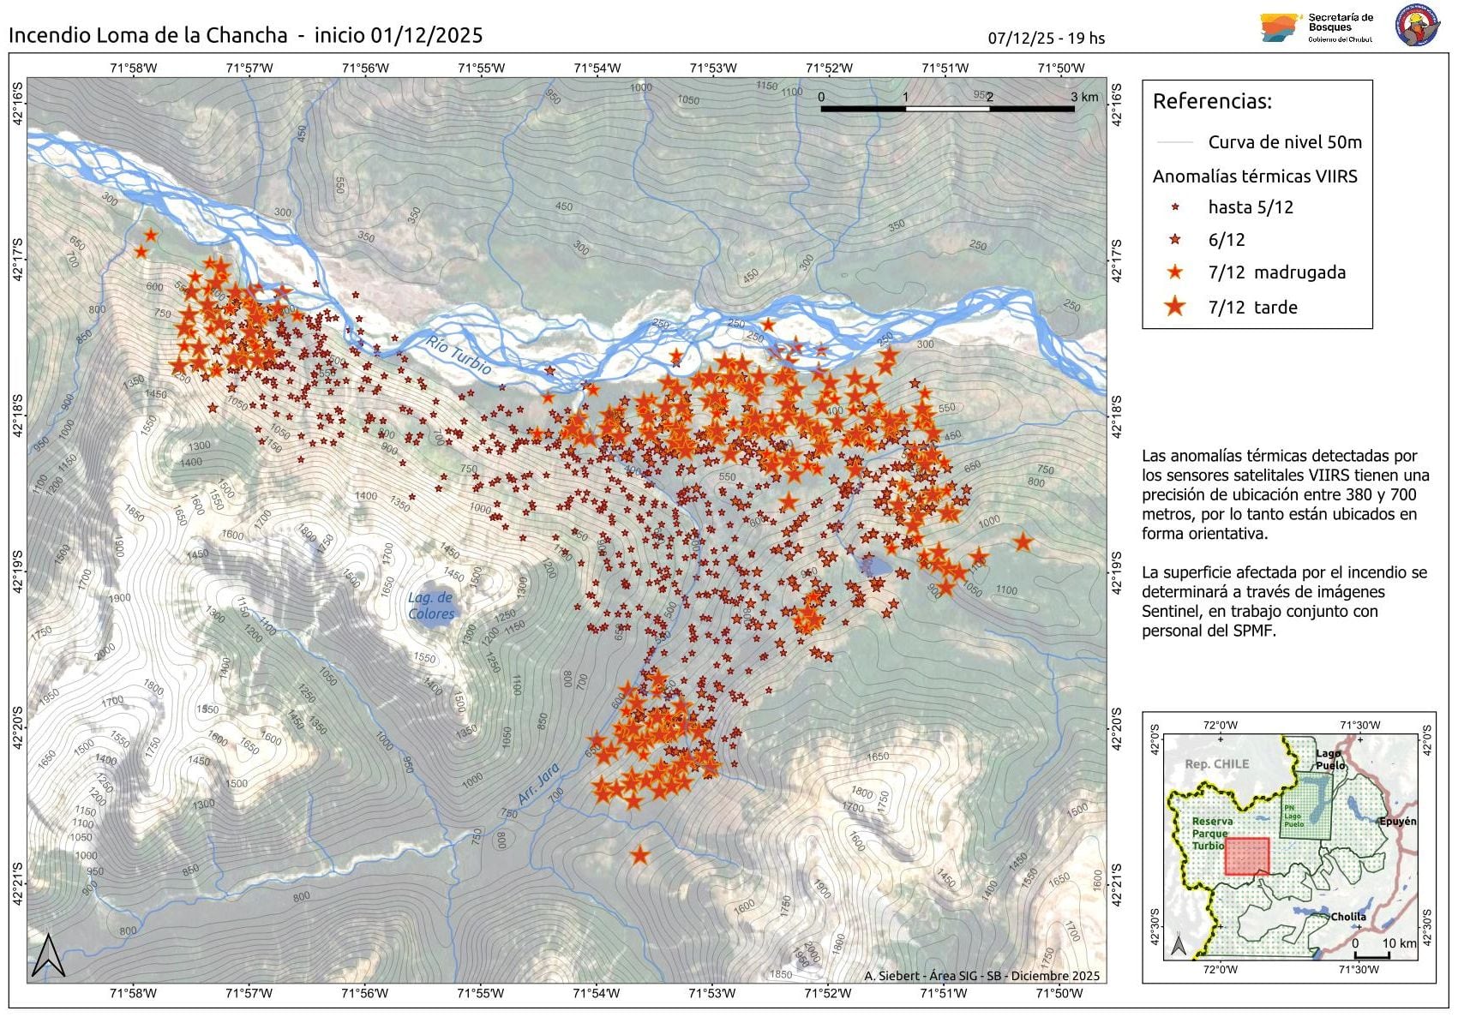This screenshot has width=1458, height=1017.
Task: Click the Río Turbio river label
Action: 459,355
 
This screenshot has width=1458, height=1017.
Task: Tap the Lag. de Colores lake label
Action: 430,606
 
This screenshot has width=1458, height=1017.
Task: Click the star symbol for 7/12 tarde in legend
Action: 1174,306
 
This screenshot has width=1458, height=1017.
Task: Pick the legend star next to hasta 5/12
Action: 1175,207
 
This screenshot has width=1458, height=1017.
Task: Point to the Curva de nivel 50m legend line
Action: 1174,142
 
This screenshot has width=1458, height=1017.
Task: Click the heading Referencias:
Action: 1212,101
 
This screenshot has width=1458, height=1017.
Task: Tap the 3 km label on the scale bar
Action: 1083,97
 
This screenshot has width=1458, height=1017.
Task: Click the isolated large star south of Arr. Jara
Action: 639,855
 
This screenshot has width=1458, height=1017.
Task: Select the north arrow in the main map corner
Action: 49,956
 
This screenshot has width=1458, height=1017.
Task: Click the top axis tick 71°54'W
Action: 597,69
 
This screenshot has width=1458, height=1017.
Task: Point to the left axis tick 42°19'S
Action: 18,572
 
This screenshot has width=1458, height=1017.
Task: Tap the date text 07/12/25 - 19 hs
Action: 1046,39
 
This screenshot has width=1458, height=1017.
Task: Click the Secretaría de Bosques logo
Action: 1316,27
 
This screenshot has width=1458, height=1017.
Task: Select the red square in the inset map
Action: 1246,856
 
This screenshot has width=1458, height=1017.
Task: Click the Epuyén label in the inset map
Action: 1396,821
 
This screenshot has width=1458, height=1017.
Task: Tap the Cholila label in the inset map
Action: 1347,917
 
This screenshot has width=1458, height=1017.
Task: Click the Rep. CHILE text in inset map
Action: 1216,764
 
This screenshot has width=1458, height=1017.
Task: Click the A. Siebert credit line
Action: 981,976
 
